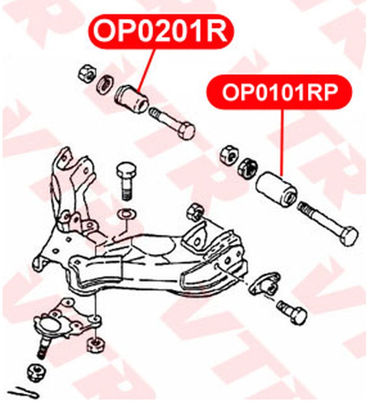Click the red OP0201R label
click(161, 32)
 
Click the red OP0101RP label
click(279, 92)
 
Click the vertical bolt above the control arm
click(126, 181)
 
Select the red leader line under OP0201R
click(146, 69)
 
